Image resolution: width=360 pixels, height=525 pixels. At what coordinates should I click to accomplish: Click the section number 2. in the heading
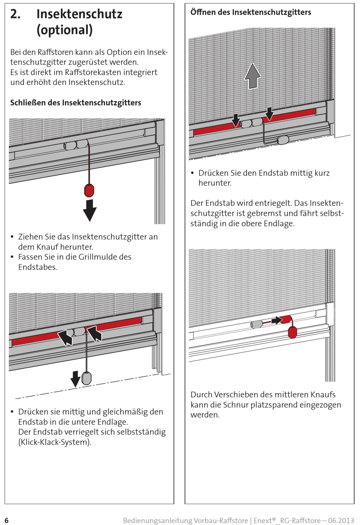pyautogui.click(x=16, y=14)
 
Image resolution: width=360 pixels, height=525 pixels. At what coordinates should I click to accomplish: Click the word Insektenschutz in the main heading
pyautogui.click(x=79, y=14)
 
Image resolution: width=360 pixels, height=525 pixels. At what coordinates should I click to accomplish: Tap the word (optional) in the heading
pyautogui.click(x=64, y=30)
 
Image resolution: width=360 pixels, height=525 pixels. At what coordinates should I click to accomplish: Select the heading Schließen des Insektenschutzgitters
pyautogui.click(x=75, y=103)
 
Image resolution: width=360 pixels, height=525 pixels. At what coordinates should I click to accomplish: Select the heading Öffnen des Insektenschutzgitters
pyautogui.click(x=250, y=12)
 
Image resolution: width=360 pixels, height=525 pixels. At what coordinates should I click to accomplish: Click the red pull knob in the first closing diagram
pyautogui.click(x=89, y=190)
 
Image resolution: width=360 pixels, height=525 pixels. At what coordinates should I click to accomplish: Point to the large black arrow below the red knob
pyautogui.click(x=90, y=210)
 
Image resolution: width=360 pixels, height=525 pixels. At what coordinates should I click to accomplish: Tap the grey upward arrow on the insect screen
pyautogui.click(x=252, y=76)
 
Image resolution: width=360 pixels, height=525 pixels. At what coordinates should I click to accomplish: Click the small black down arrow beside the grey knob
pyautogui.click(x=76, y=378)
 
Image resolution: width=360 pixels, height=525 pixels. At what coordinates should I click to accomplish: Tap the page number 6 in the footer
pyautogui.click(x=6, y=520)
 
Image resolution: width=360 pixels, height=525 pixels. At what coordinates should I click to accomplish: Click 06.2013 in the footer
pyautogui.click(x=341, y=520)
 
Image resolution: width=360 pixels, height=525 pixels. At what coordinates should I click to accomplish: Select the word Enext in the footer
pyautogui.click(x=262, y=520)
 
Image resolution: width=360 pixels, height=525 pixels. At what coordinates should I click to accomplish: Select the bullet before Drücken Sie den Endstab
pyautogui.click(x=193, y=173)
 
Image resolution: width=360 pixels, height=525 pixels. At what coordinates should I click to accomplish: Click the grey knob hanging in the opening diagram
pyautogui.click(x=283, y=140)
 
